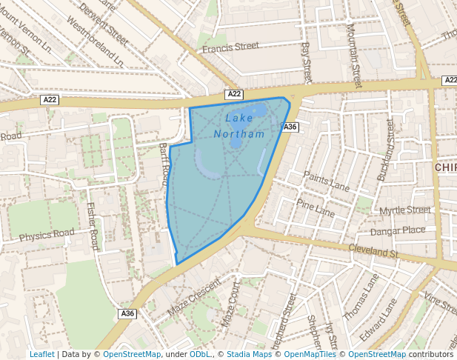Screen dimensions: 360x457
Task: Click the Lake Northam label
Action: (239, 126)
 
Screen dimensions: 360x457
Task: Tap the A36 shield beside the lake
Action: (290, 127)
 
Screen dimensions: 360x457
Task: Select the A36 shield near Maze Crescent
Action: (127, 314)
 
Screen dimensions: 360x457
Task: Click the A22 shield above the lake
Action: (234, 94)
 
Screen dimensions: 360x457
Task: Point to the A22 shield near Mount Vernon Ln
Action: (50, 99)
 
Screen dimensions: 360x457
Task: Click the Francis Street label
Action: (231, 47)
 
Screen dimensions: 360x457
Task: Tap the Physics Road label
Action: (47, 236)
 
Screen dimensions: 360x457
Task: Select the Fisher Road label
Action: (93, 226)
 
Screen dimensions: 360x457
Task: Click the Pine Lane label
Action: (316, 207)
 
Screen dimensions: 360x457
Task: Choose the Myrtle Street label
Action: (404, 211)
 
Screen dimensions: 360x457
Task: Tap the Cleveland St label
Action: (374, 252)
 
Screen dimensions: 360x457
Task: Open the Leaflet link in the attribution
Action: (41, 354)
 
